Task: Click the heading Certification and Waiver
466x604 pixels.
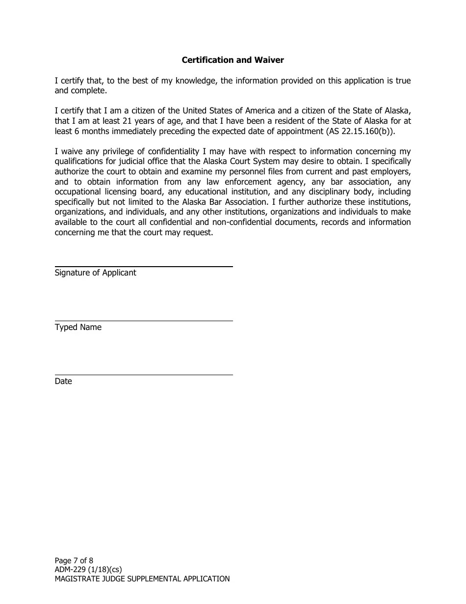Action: (x=233, y=60)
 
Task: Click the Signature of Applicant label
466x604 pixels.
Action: (x=95, y=273)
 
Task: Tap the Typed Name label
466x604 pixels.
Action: (x=78, y=327)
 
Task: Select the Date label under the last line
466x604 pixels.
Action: (x=63, y=381)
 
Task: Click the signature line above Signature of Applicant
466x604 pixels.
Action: (x=143, y=267)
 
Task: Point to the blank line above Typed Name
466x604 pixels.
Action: (x=143, y=321)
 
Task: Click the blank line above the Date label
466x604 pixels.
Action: (x=143, y=375)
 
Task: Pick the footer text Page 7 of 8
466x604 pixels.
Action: (x=74, y=560)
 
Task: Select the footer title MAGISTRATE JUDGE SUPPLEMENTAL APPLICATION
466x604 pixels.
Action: (x=142, y=579)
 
